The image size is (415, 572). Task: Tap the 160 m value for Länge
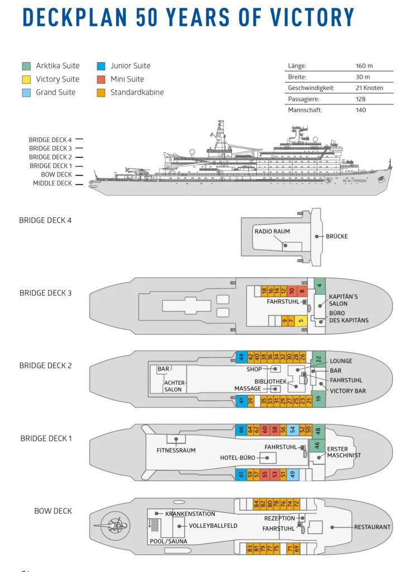(x=364, y=66)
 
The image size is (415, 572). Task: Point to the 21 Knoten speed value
(x=368, y=88)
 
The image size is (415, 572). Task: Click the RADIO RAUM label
(x=272, y=231)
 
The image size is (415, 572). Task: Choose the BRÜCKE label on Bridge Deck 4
(x=336, y=236)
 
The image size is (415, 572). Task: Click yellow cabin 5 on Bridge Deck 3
(x=300, y=321)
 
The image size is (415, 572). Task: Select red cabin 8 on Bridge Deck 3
(x=302, y=291)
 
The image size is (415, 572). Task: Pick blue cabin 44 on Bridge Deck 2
(x=241, y=356)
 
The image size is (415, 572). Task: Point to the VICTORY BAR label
(x=347, y=390)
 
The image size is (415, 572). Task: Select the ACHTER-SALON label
(x=174, y=386)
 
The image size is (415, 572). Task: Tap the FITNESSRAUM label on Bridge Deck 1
(x=176, y=450)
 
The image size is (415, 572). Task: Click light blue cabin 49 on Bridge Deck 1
(x=292, y=474)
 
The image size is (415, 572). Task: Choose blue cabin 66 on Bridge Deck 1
(x=241, y=430)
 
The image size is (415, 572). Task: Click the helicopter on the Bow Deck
(x=114, y=526)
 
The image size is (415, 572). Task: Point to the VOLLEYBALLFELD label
(x=205, y=526)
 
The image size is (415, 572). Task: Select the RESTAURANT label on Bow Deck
(x=372, y=527)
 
